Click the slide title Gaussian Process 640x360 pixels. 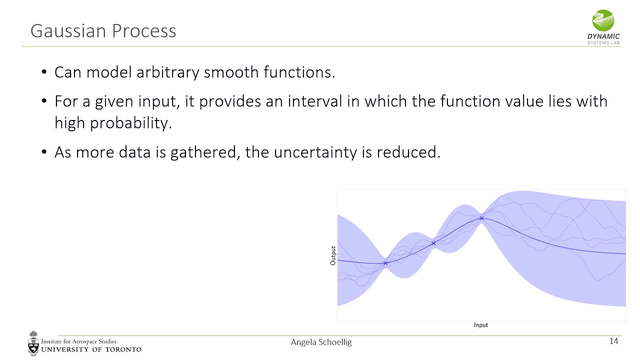(x=103, y=31)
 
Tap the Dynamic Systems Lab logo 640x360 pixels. (x=603, y=27)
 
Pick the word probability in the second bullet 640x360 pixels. (x=130, y=123)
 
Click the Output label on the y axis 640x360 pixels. (x=333, y=255)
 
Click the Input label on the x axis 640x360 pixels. (x=480, y=325)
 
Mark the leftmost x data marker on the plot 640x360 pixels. (x=385, y=263)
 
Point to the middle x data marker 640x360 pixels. (x=433, y=243)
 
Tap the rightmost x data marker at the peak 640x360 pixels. (x=481, y=218)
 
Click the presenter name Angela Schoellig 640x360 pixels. (x=321, y=342)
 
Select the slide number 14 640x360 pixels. (x=613, y=341)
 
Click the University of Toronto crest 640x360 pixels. (x=33, y=343)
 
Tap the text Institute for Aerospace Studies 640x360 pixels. (x=78, y=341)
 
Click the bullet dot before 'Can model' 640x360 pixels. (x=44, y=73)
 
